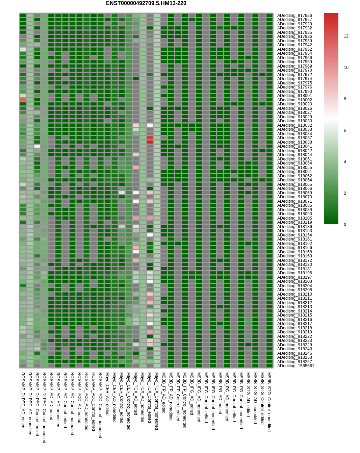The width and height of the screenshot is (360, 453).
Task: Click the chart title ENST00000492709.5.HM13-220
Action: [146, 3]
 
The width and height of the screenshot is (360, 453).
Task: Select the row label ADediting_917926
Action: [294, 16]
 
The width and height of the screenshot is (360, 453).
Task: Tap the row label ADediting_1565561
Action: [295, 366]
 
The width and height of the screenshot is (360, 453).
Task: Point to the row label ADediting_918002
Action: [294, 100]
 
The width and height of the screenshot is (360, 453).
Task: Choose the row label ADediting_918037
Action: [294, 138]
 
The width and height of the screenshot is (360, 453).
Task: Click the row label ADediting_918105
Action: [294, 218]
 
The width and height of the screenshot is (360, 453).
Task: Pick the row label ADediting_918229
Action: [294, 345]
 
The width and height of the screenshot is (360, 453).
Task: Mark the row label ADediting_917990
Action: [294, 92]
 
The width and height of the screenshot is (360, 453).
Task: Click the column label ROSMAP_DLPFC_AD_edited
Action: [23, 400]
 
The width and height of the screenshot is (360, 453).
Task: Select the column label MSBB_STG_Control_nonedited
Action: [269, 402]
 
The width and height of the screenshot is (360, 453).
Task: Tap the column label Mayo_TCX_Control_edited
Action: [150, 398]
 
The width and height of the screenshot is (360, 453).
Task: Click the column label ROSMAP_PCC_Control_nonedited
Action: [100, 405]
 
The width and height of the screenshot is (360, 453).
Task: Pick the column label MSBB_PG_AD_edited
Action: [220, 393]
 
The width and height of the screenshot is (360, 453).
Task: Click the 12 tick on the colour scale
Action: [346, 36]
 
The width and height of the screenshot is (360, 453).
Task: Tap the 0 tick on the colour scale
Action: [345, 225]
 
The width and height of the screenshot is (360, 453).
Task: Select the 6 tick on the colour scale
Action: [345, 130]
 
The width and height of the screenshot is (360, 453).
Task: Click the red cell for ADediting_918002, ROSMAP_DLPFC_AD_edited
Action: [23, 100]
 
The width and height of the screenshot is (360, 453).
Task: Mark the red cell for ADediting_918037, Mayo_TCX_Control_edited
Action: [150, 138]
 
